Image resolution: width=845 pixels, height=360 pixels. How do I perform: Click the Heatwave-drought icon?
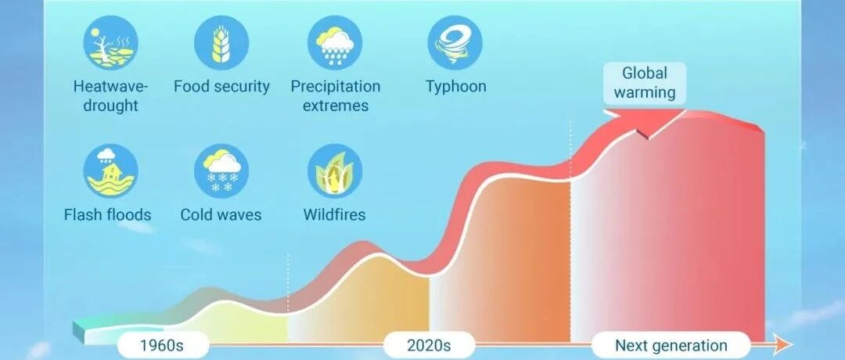(110, 42)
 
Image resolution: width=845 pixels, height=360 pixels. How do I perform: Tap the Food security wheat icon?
(221, 42)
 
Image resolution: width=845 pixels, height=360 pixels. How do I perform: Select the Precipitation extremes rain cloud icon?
(335, 42)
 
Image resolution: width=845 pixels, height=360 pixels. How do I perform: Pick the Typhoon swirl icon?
(455, 42)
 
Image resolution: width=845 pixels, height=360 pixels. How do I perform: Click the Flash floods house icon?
(110, 171)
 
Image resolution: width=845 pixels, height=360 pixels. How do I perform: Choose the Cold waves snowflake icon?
(221, 171)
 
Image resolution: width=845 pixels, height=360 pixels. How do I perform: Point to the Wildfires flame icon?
(335, 171)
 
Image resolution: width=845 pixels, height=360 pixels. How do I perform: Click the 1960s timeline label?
(163, 345)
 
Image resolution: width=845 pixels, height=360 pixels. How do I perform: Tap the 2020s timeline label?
(429, 345)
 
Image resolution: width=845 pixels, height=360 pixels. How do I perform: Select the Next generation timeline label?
(671, 345)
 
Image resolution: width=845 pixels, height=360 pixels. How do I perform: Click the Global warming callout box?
(645, 83)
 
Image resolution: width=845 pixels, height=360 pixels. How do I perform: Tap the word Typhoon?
(456, 86)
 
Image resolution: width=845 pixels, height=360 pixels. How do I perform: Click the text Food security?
(221, 86)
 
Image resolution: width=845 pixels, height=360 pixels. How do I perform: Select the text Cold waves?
(221, 214)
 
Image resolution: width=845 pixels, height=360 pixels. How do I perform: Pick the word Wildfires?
(334, 214)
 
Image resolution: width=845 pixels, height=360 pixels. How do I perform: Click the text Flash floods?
(108, 214)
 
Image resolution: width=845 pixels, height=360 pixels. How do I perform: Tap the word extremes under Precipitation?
(335, 106)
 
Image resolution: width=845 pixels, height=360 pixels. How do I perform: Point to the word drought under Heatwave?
(110, 106)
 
